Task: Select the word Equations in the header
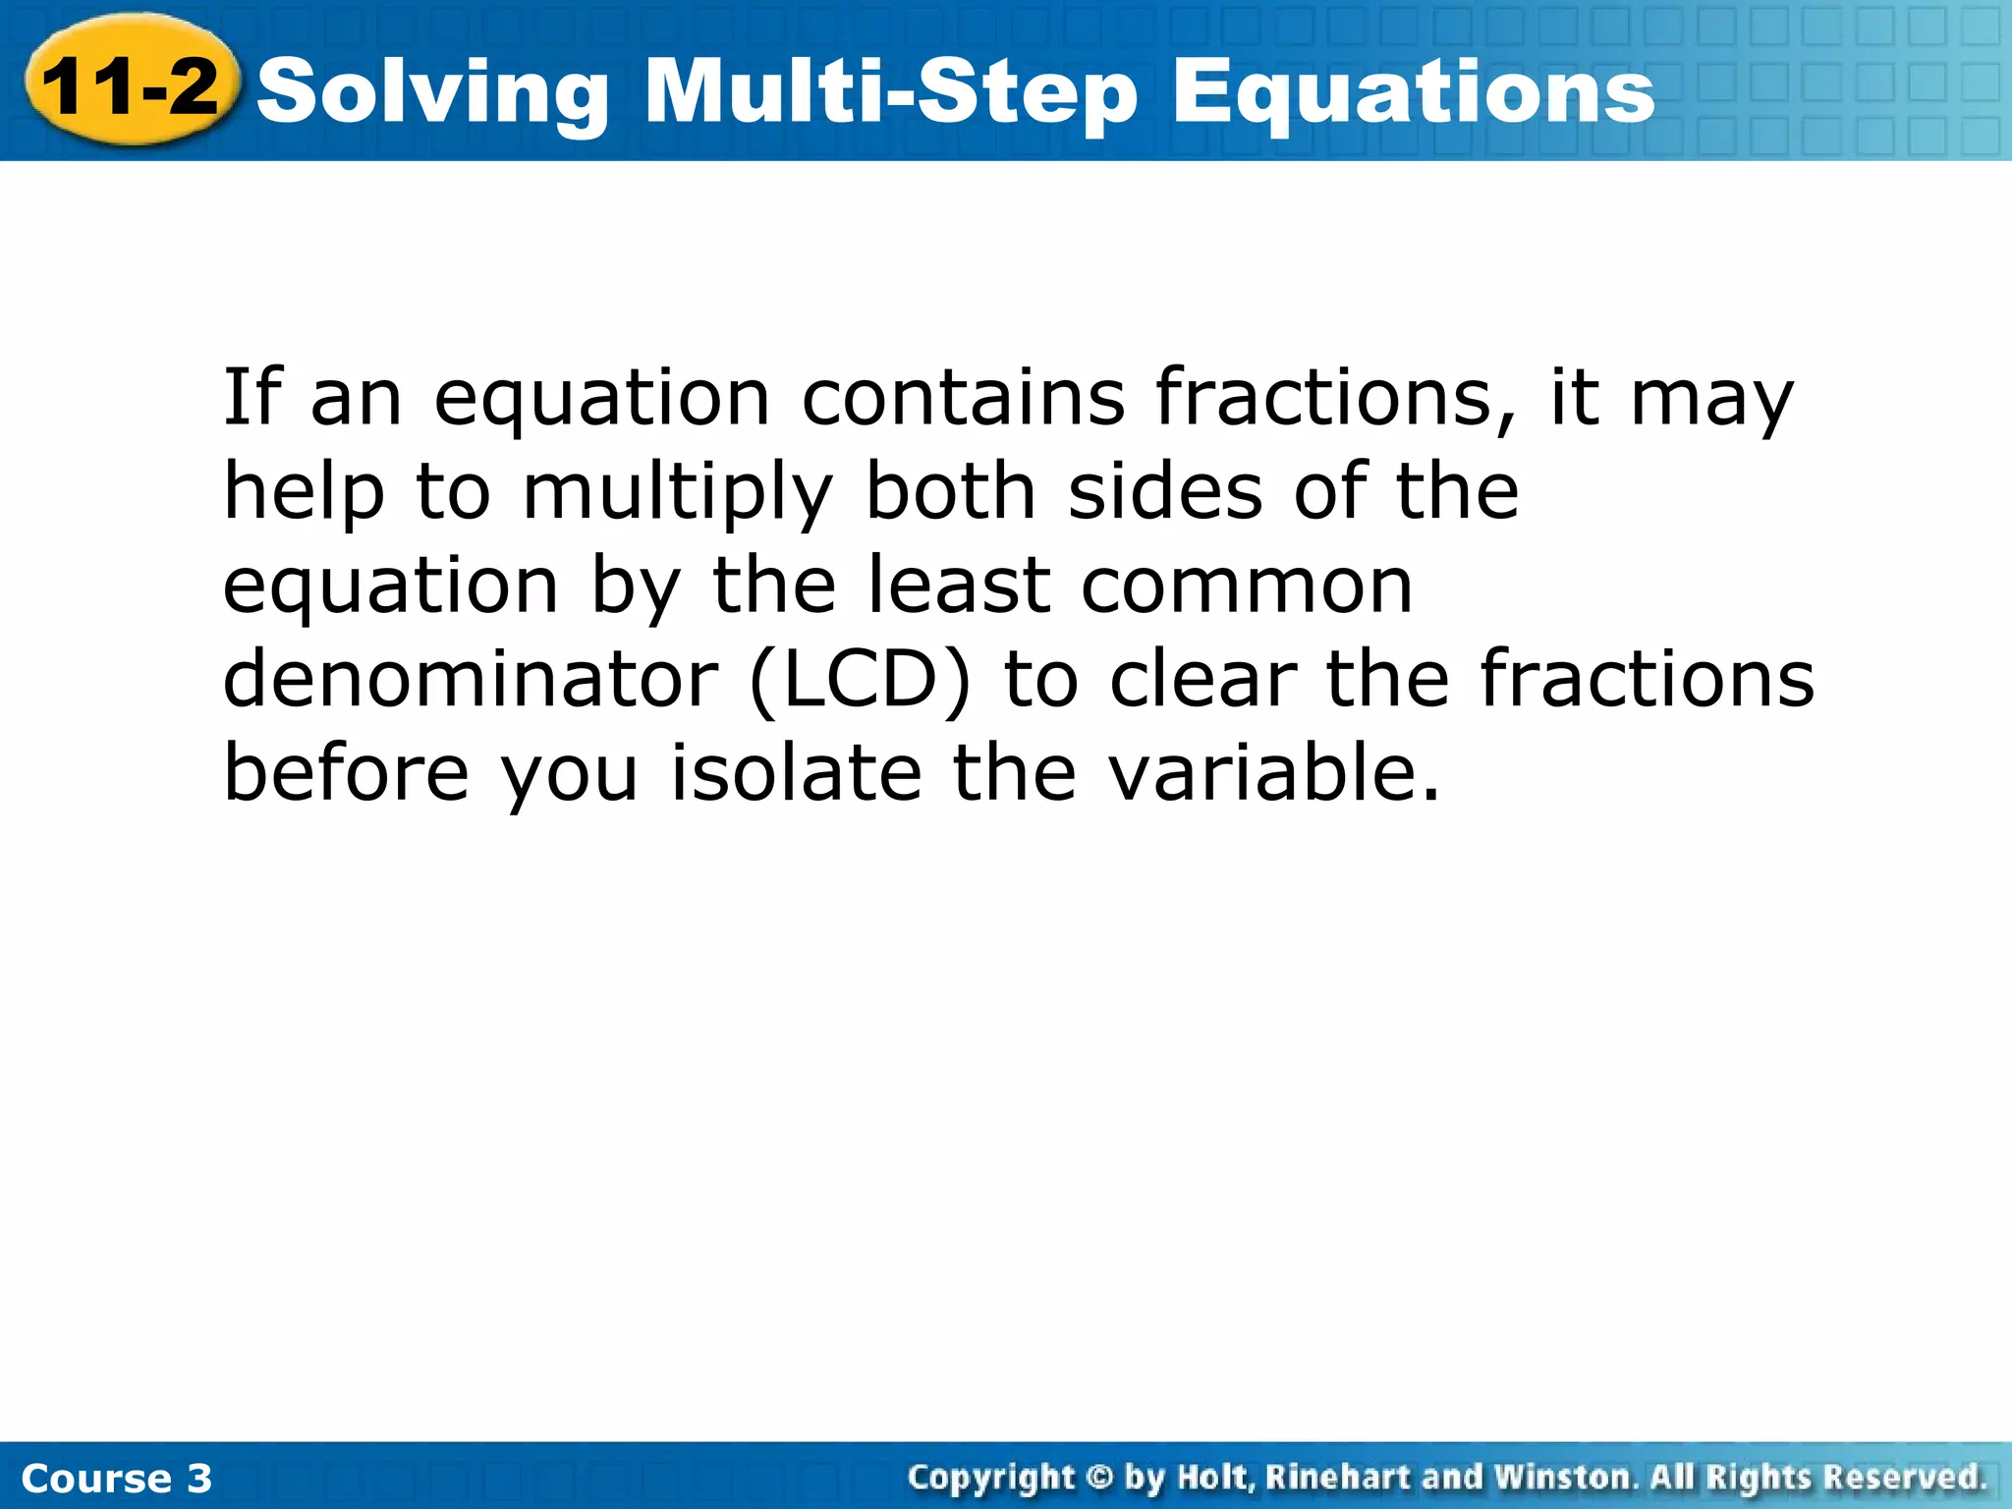pos(1414,93)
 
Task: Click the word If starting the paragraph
pos(251,397)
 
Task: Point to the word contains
pos(963,397)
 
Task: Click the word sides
pos(1165,490)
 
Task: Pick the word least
pos(960,585)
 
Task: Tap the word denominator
pos(471,679)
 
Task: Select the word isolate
pos(796,772)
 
